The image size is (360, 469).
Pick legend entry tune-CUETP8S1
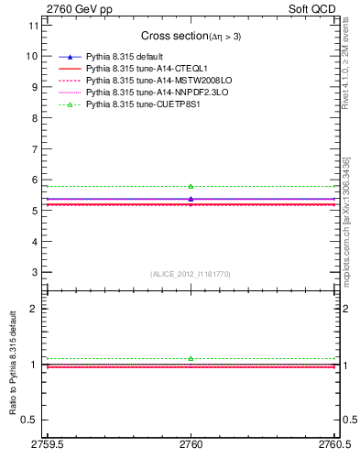(132, 106)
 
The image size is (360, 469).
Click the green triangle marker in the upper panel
(191, 186)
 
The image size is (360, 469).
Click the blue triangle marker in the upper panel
(191, 199)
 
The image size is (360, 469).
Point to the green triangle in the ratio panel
(191, 358)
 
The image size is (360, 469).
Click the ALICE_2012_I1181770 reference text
(190, 274)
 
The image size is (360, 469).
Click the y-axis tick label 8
(35, 117)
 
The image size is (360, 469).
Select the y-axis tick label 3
(35, 272)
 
